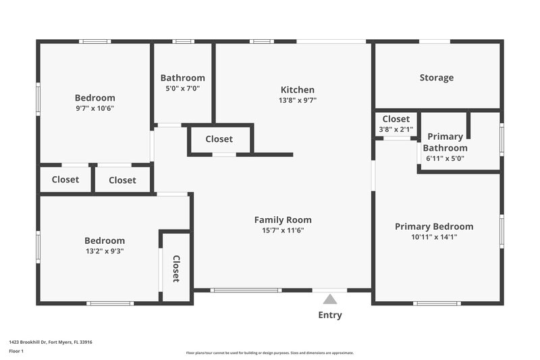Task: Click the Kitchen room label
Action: (297, 90)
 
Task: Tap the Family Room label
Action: (283, 220)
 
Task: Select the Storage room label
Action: (436, 78)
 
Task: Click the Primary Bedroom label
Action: (434, 226)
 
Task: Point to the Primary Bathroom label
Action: (445, 143)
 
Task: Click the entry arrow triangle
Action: (329, 299)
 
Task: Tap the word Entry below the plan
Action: (329, 315)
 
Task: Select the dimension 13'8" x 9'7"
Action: (297, 100)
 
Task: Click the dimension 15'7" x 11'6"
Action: (283, 230)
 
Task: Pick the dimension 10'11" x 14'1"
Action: (434, 237)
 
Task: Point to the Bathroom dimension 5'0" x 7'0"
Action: (182, 88)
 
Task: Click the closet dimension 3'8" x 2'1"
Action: (396, 130)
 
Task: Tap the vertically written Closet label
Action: (175, 268)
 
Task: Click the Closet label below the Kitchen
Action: (219, 139)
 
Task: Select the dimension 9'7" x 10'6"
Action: (94, 108)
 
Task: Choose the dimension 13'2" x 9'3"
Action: (104, 251)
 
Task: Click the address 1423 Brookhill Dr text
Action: (51, 342)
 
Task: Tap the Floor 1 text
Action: (16, 352)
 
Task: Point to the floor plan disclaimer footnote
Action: (269, 353)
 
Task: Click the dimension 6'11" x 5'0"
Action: (445, 159)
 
